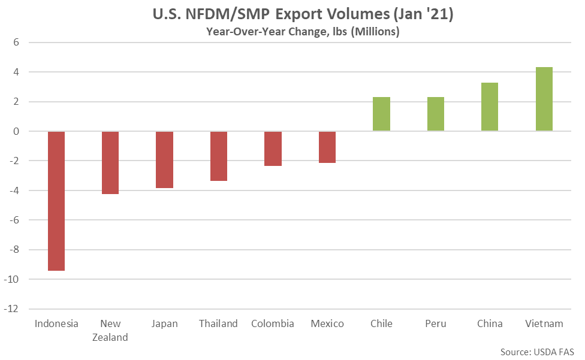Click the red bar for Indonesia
tap(56, 201)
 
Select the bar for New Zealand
tap(110, 162)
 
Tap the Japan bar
tap(164, 159)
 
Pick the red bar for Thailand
tap(219, 156)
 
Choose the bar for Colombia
tap(273, 149)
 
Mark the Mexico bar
tap(327, 147)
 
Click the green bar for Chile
tap(381, 114)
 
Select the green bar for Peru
tap(436, 114)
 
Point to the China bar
tap(490, 107)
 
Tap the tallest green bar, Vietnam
tap(544, 99)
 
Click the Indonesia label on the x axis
tap(56, 323)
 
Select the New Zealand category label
tap(110, 330)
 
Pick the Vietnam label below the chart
tap(544, 323)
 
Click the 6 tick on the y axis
tap(17, 43)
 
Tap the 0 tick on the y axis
tap(17, 131)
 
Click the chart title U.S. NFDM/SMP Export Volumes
tap(303, 14)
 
